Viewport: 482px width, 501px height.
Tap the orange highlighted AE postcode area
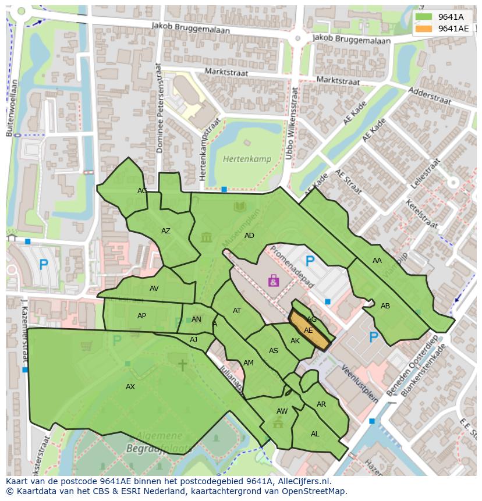[x=309, y=330]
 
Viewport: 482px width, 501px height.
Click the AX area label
[x=130, y=387]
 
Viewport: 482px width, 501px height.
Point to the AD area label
[x=249, y=236]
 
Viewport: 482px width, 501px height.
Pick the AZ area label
[x=166, y=231]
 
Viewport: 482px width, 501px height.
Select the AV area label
[x=154, y=288]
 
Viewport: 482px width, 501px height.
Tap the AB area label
[x=385, y=306]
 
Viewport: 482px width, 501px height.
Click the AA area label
[x=377, y=261]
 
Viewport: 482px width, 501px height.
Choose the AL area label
[x=315, y=434]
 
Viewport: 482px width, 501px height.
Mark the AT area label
[x=237, y=311]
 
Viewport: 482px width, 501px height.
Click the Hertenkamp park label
[x=243, y=158]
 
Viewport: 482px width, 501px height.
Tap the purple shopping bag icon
[x=274, y=281]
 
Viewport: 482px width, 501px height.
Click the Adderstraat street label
[x=430, y=95]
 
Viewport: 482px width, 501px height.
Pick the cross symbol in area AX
[x=182, y=365]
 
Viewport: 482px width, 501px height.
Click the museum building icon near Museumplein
[x=206, y=237]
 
